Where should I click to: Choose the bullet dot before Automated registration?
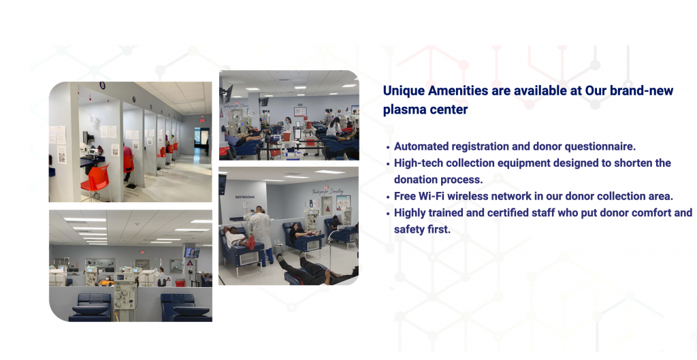click(388, 147)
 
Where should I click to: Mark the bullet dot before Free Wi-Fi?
click(388, 197)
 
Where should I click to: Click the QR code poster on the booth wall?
click(60, 154)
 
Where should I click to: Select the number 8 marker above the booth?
click(102, 85)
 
